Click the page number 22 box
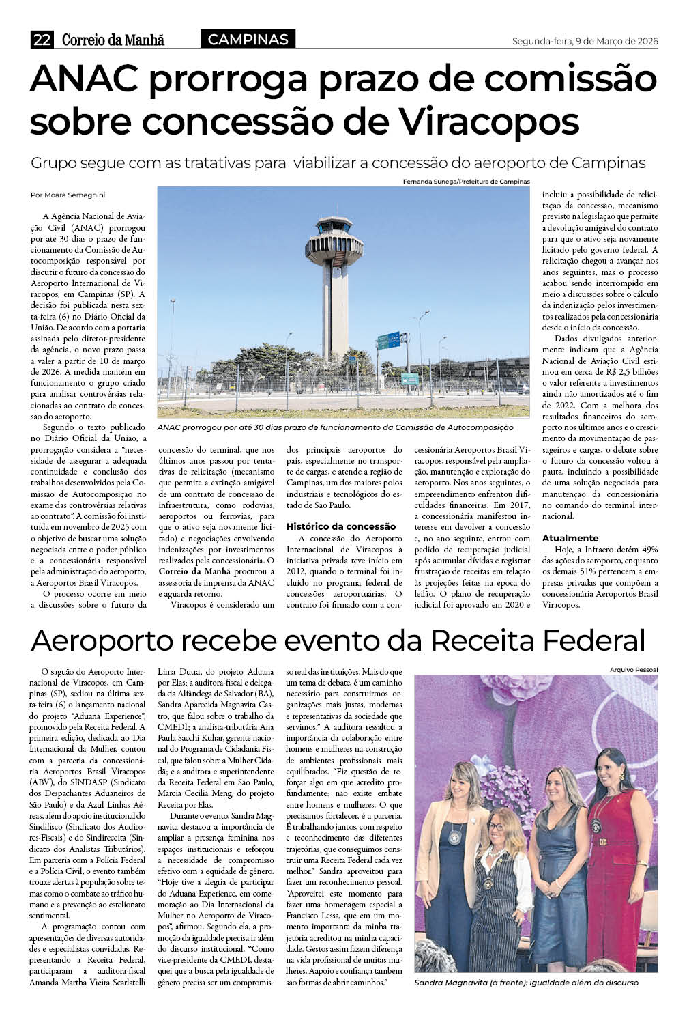tap(42, 40)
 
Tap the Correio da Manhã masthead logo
tap(113, 40)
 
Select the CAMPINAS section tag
tap(248, 40)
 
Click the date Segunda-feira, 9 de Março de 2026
tap(585, 42)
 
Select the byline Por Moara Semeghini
tap(68, 195)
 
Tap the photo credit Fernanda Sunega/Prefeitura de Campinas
tap(466, 182)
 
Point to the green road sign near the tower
tap(389, 339)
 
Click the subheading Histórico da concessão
tap(341, 526)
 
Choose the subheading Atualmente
tap(570, 538)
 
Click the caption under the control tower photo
tap(335, 427)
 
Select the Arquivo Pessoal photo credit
tap(634, 670)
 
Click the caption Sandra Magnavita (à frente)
tap(526, 982)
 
